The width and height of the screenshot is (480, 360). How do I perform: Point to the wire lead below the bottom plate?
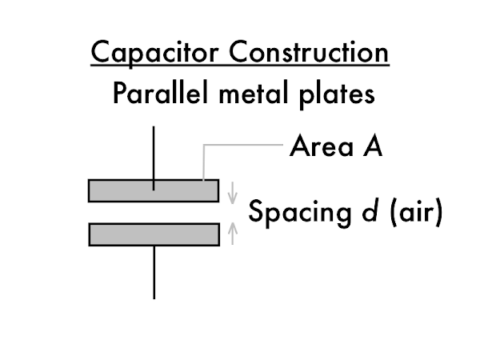(154, 272)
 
